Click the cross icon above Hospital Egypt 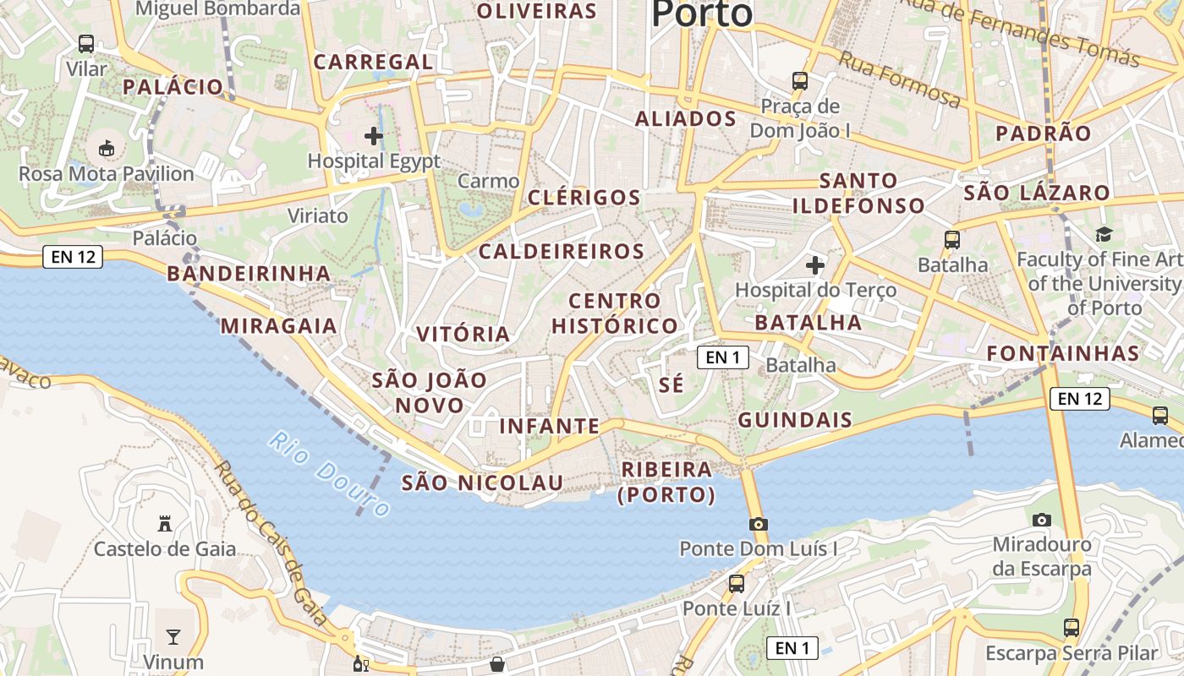point(374,135)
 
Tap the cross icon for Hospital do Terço point(815,266)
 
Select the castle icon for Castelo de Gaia point(165,524)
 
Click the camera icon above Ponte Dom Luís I point(759,524)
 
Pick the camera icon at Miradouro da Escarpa point(1042,520)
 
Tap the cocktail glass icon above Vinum point(173,636)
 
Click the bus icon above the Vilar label point(86,44)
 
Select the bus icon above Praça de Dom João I point(800,81)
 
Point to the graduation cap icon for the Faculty point(1104,234)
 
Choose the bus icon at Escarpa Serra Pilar point(1072,628)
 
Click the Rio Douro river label point(331,474)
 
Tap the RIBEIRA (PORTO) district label point(666,482)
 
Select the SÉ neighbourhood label point(671,384)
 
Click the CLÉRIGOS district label point(584,198)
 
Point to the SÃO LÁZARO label point(1037,193)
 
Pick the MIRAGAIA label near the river point(279,326)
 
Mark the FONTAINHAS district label point(1063,353)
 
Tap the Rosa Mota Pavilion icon point(107,149)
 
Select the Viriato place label point(318,215)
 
